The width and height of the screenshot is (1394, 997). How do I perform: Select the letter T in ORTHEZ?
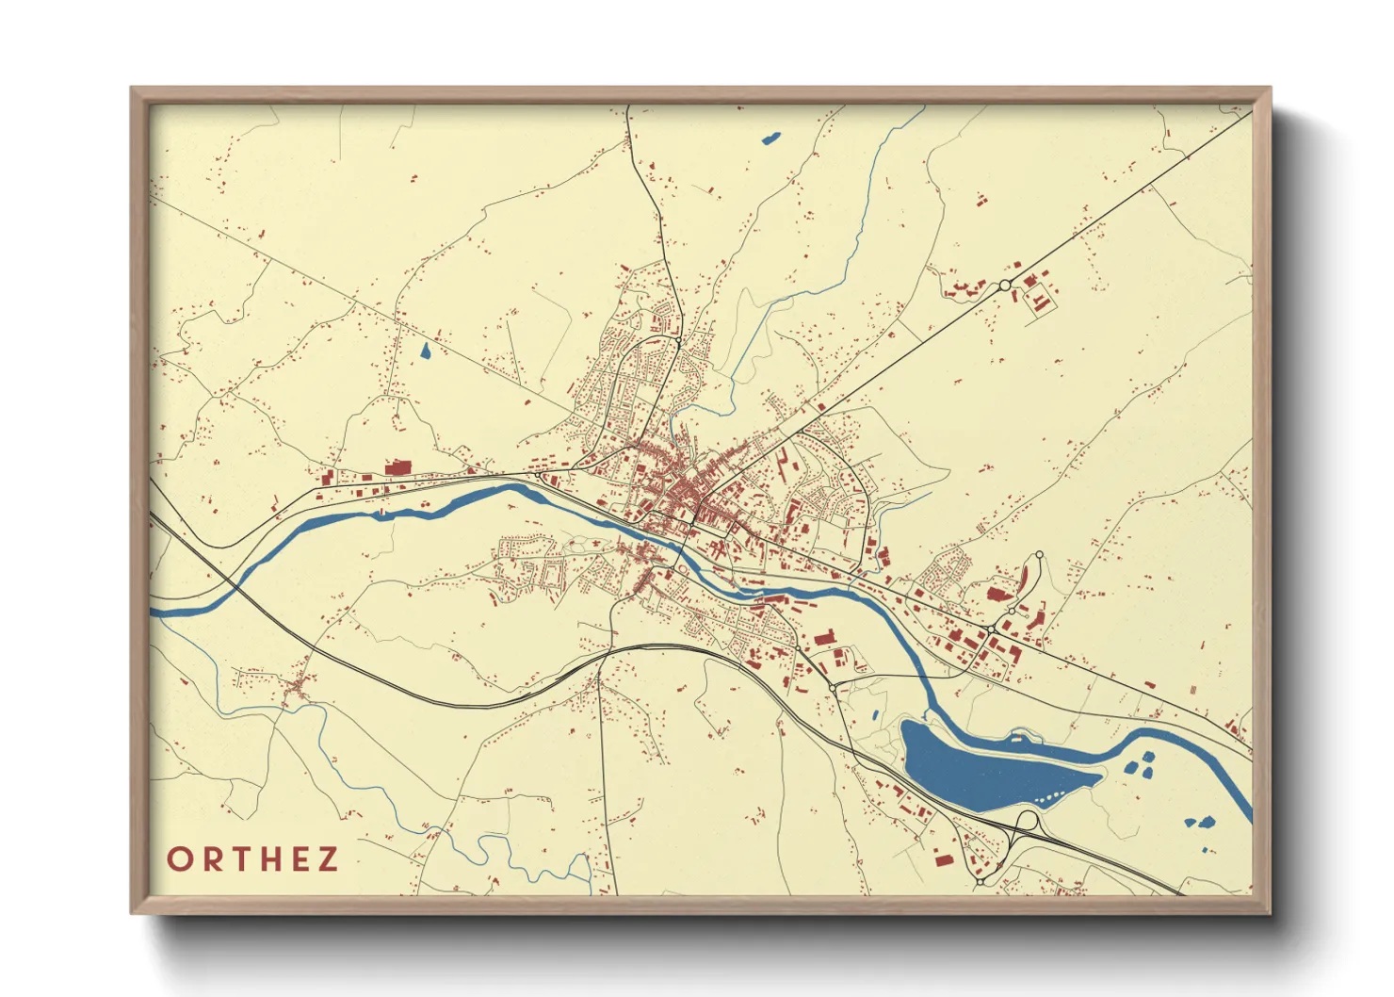(241, 859)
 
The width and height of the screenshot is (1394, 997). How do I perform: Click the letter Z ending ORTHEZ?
(328, 859)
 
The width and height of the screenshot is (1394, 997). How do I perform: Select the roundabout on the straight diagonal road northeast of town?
(1005, 285)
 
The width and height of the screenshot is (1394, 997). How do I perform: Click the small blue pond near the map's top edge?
(770, 139)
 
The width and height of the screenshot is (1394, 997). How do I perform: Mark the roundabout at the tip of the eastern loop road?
(1039, 555)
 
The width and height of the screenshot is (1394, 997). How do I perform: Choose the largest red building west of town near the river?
(397, 466)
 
